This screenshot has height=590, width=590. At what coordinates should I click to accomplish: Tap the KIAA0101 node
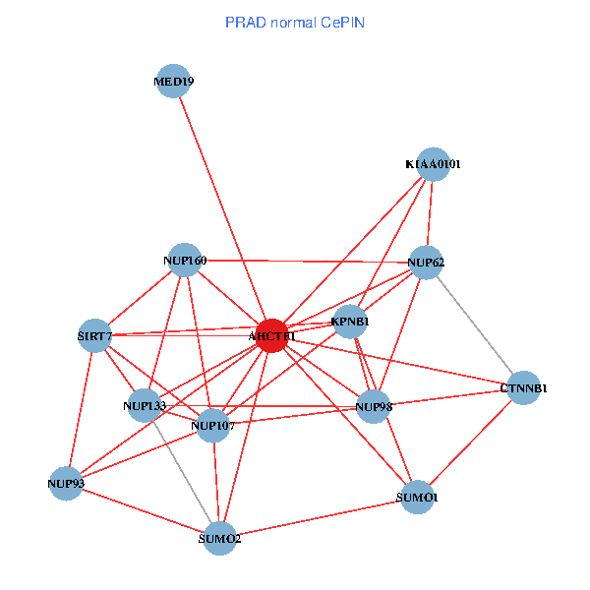434,164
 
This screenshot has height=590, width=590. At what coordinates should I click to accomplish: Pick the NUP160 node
184,260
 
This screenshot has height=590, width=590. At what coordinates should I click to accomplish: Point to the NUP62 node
426,263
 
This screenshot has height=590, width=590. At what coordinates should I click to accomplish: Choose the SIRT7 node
95,336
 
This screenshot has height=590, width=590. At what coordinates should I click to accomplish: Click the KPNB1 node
350,322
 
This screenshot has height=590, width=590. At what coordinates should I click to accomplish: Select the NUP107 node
213,425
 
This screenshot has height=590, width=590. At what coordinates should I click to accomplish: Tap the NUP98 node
373,406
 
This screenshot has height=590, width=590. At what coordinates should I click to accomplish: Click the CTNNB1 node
523,387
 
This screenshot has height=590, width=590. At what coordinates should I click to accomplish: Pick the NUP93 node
66,483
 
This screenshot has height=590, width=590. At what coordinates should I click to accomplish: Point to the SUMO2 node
220,538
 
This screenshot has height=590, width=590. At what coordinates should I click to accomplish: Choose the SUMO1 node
418,498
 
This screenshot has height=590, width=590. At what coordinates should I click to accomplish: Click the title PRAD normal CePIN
295,22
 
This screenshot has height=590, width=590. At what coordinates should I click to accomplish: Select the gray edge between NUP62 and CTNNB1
475,325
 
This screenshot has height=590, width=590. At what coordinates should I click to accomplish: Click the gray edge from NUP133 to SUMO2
182,472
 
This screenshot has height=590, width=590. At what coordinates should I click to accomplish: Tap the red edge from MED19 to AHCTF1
222,208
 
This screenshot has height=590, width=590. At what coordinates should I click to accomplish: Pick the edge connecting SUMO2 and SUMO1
320,517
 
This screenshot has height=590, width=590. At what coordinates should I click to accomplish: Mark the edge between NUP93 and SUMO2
144,510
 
